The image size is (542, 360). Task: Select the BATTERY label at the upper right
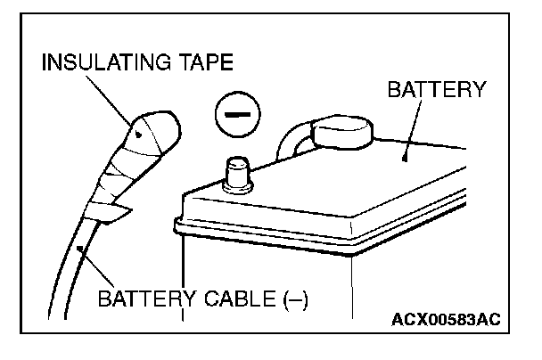coord(435,89)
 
